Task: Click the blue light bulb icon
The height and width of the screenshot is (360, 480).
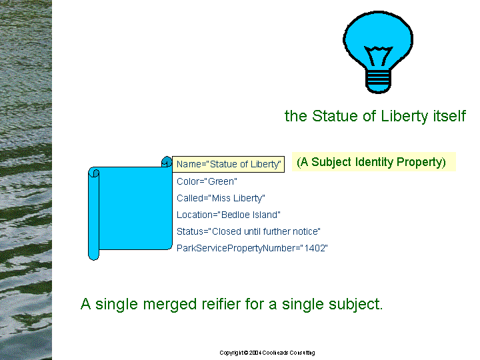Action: point(378,52)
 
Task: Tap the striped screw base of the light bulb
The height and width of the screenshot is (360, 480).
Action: point(379,81)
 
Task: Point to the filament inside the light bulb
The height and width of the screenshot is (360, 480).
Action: point(379,56)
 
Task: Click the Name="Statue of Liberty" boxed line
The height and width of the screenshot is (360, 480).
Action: point(229,164)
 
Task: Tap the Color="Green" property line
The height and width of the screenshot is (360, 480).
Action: point(207,181)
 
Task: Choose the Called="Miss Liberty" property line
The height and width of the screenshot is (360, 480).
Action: point(221,199)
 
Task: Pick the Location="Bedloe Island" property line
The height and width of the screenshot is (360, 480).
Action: point(229,215)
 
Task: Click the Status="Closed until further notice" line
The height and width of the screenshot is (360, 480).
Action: point(249,231)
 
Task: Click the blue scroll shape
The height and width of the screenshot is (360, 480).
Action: point(131,208)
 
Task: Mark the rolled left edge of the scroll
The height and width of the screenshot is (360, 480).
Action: point(94,214)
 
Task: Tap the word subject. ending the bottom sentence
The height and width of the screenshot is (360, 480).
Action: point(356,305)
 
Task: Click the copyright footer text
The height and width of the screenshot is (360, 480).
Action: point(267,353)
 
